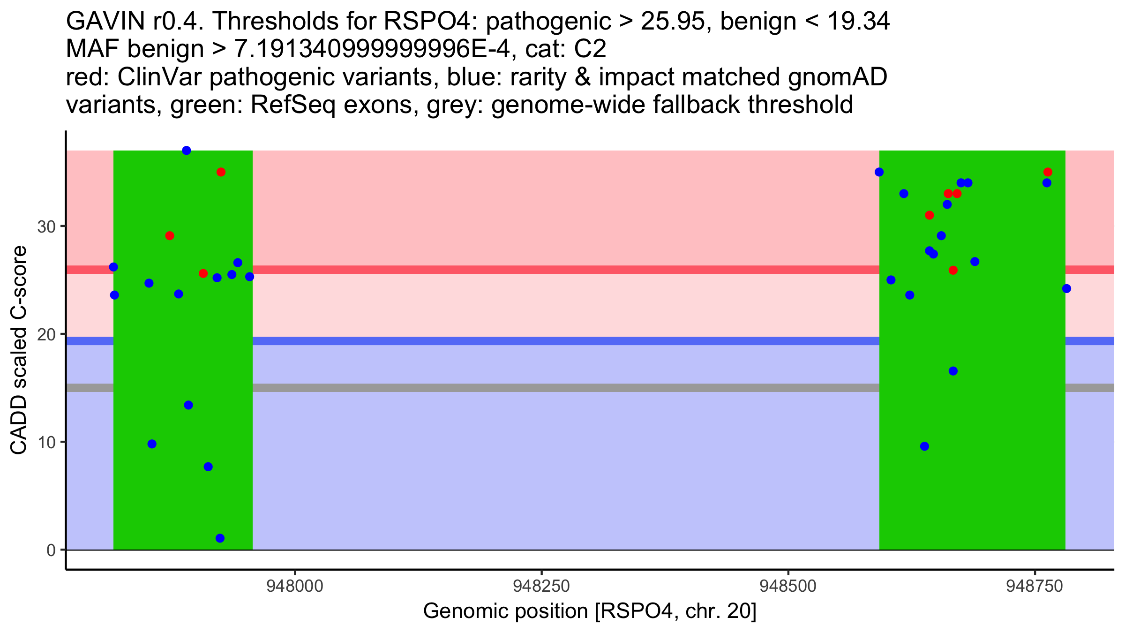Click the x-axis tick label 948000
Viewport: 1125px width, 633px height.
point(295,586)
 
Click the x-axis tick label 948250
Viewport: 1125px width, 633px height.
point(541,586)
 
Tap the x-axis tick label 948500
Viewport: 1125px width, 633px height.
point(788,586)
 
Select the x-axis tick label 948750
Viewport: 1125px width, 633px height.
point(1035,586)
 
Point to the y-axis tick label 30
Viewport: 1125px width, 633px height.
point(46,227)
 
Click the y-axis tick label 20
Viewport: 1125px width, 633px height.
point(46,335)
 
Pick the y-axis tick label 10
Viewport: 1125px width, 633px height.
point(46,443)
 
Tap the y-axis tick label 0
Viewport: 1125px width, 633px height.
point(51,550)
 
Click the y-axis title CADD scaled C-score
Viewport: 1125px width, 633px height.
point(19,351)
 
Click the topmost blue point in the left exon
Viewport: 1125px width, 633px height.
point(187,151)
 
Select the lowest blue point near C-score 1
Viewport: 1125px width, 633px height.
point(220,538)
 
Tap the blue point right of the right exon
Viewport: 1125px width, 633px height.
point(1066,288)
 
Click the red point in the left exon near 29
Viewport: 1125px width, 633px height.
point(170,236)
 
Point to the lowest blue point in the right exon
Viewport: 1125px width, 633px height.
point(924,446)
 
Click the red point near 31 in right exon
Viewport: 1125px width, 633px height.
point(930,215)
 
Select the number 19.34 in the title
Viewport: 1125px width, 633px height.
point(858,22)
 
